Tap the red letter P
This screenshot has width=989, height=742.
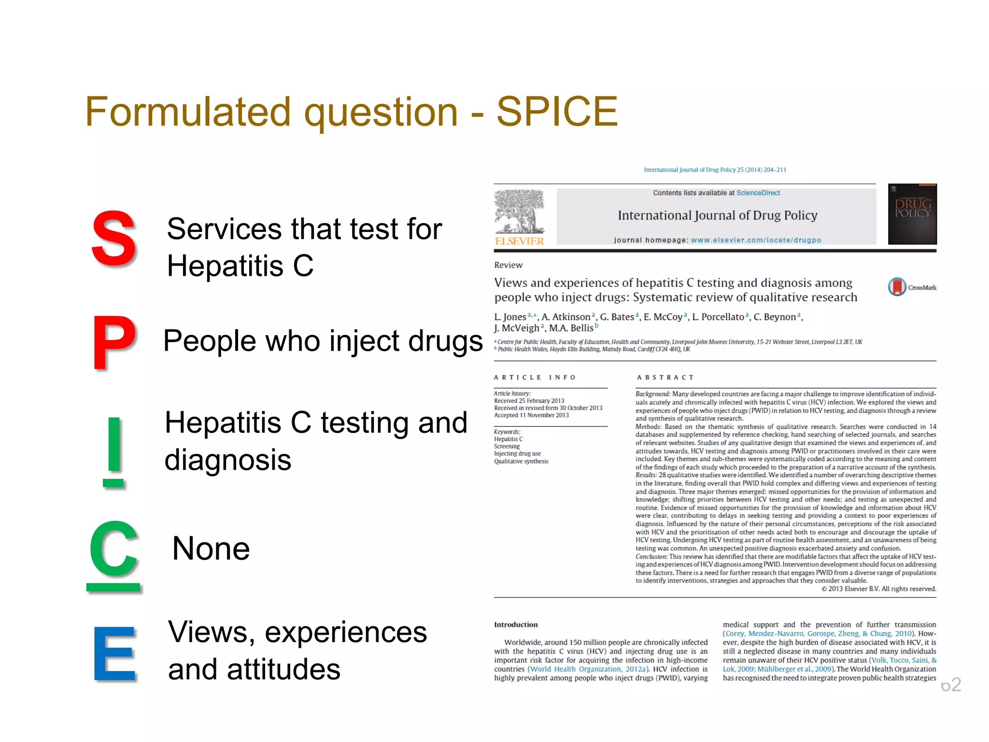click(x=114, y=342)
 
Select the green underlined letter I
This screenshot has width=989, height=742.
click(x=114, y=451)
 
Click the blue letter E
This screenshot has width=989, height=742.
click(x=114, y=653)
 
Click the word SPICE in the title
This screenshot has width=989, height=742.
click(x=557, y=112)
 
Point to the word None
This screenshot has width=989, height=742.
click(x=211, y=549)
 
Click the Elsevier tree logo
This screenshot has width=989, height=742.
click(x=519, y=213)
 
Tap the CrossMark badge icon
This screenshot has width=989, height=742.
click(x=897, y=287)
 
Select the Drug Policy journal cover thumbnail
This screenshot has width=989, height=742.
click(x=912, y=214)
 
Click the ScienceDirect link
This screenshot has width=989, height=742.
click(x=758, y=193)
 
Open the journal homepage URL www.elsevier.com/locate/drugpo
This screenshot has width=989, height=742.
click(x=756, y=240)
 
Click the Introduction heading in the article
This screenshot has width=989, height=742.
click(x=516, y=625)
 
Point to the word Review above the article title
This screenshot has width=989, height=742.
click(x=508, y=265)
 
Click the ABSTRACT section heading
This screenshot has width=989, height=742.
click(x=665, y=377)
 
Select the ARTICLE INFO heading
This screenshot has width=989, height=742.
click(x=535, y=377)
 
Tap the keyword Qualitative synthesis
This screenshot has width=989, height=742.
click(x=521, y=461)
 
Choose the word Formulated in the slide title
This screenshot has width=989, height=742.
click(x=187, y=112)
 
